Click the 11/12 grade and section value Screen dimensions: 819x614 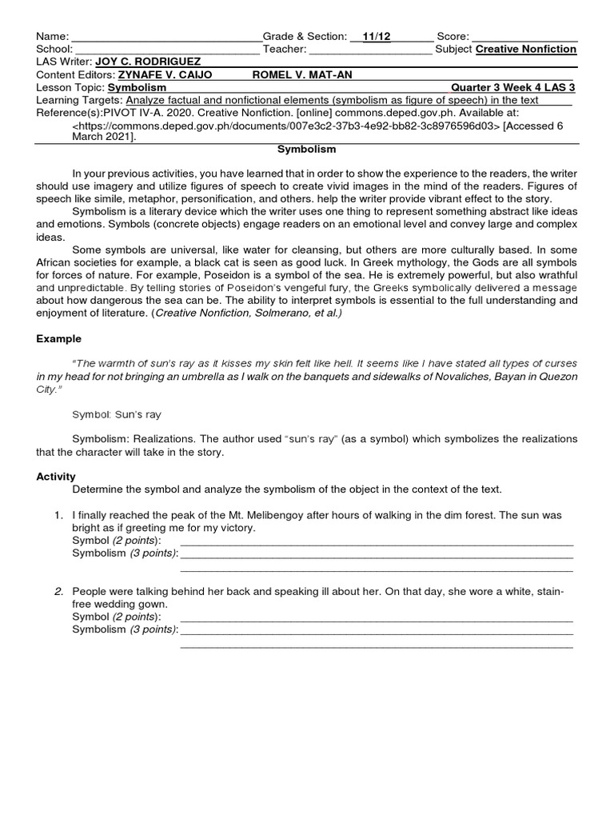point(376,37)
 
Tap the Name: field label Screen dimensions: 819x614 point(53,37)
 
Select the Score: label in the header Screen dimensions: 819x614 point(453,37)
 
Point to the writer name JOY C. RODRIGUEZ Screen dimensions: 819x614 point(148,62)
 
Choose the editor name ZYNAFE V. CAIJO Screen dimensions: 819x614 point(163,74)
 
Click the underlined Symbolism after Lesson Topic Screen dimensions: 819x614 point(138,87)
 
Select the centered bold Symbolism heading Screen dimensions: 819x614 point(306,150)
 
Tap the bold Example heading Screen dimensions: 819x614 point(58,339)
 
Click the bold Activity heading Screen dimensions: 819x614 point(57,477)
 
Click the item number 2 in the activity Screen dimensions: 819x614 point(58,592)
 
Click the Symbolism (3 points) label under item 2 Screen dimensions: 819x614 point(125,629)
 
